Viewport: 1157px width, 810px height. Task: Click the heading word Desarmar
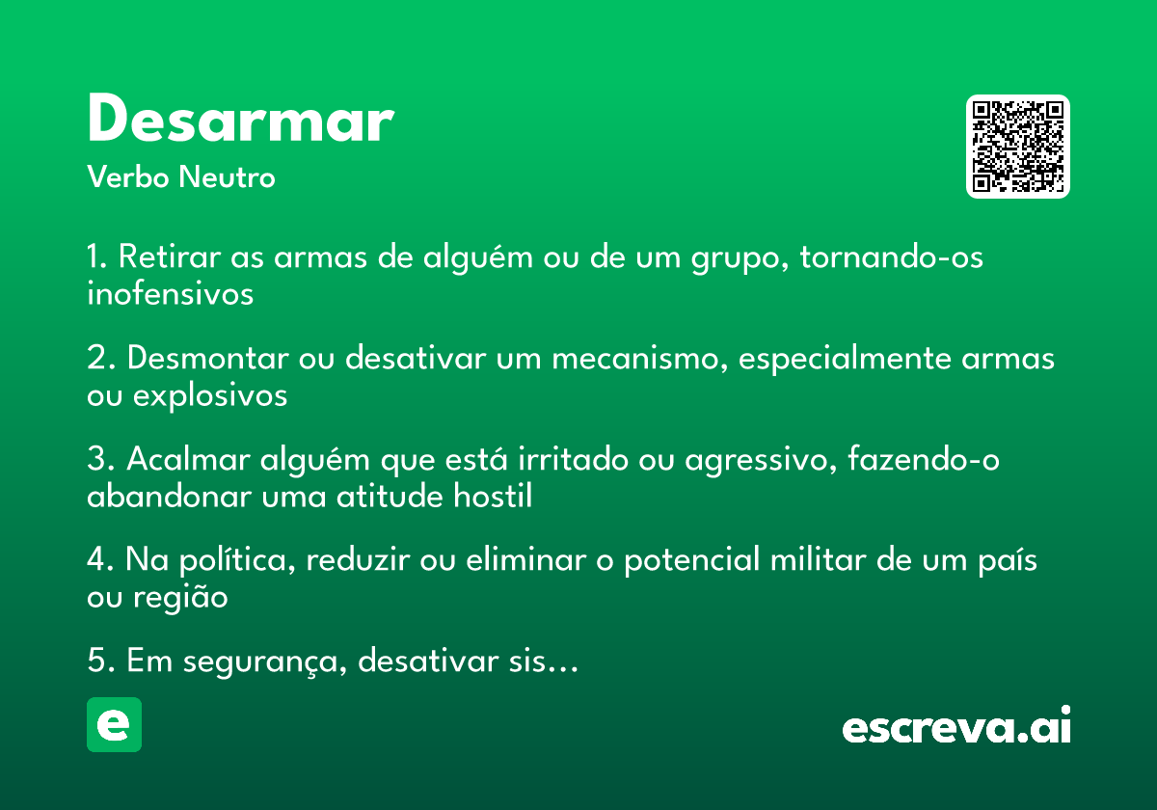(x=241, y=118)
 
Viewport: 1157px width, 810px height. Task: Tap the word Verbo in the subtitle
(x=128, y=176)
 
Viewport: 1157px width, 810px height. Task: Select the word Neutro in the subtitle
(x=227, y=176)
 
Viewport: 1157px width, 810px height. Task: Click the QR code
(x=1017, y=147)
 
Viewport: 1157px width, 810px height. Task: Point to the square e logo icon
(x=114, y=724)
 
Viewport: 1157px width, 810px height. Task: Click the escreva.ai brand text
(x=956, y=725)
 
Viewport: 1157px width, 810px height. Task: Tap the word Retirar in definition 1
(x=170, y=256)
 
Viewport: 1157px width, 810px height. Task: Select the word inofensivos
(x=170, y=293)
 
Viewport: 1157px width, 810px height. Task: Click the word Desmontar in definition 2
(x=207, y=358)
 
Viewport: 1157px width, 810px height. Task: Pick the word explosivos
(x=210, y=396)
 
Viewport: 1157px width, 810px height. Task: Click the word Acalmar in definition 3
(x=188, y=459)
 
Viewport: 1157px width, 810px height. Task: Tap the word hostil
(x=493, y=496)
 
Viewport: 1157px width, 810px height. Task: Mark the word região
(x=180, y=598)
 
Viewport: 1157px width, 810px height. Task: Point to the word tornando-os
(x=892, y=256)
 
